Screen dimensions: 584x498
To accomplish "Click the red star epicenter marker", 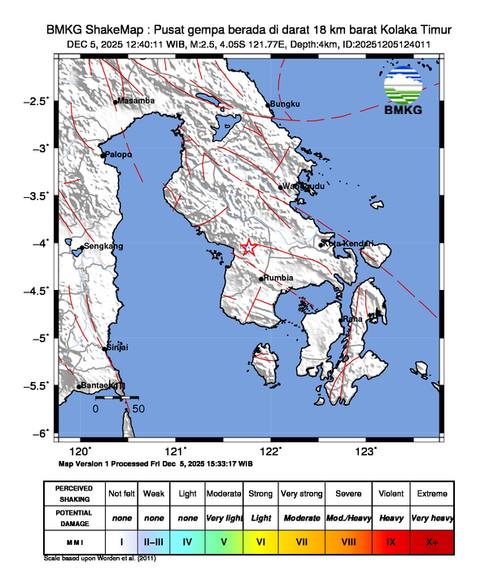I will (250, 248).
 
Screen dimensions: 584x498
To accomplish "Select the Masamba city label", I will (136, 101).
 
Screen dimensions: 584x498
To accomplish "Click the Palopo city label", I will (118, 154).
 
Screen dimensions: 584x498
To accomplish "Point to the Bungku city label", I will (286, 104).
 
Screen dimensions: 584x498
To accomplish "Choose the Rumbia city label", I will (278, 279).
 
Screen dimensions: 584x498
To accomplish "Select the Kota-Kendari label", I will (348, 244).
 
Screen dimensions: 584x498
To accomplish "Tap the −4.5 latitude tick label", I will (37, 289).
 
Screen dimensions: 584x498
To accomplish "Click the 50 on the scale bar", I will (138, 409).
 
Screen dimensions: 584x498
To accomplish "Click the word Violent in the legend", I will (391, 494).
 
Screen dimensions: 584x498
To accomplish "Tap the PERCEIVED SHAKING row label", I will (74, 494).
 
